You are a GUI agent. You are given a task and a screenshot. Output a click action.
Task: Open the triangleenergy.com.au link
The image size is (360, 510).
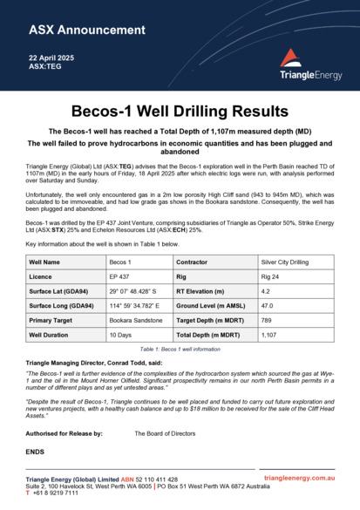point(300,479)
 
